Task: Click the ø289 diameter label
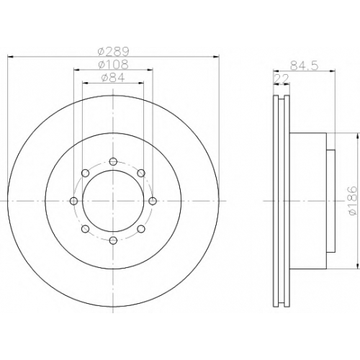114,51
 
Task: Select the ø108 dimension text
114,64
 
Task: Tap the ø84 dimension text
114,77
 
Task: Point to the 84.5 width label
305,66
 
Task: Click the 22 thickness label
282,78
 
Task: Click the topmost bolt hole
113,161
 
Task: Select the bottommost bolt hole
113,240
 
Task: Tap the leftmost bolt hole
73,201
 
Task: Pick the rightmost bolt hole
153,201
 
